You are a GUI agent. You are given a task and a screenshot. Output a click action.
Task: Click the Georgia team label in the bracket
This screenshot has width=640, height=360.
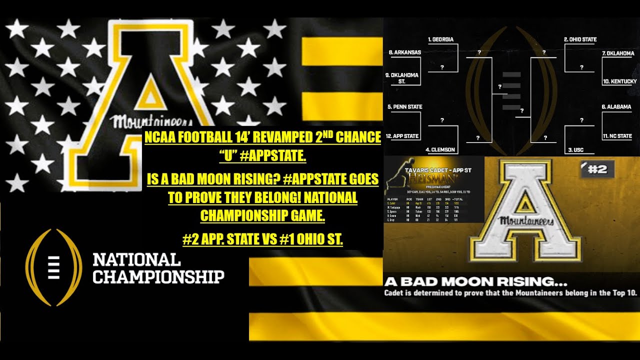pyautogui.click(x=440, y=39)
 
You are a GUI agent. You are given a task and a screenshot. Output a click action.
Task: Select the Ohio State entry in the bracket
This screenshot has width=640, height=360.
pyautogui.click(x=580, y=39)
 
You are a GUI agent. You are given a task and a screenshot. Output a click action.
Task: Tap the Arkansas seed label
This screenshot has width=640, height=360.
pyautogui.click(x=405, y=52)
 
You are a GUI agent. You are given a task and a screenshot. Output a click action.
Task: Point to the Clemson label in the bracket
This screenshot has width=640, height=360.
pyautogui.click(x=440, y=149)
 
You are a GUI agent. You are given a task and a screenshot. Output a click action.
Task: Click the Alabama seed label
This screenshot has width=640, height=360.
pyautogui.click(x=616, y=107)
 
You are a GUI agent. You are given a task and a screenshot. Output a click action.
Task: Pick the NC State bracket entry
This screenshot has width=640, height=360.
pyautogui.click(x=617, y=136)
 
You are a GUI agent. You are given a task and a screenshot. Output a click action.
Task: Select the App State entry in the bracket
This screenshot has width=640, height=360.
pyautogui.click(x=403, y=136)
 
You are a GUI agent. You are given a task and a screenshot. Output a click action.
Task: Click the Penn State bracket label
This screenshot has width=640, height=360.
pyautogui.click(x=405, y=107)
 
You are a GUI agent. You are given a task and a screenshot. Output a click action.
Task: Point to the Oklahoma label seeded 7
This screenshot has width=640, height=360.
pyautogui.click(x=618, y=53)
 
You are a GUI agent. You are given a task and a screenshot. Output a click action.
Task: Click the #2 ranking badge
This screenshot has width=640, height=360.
pyautogui.click(x=597, y=169)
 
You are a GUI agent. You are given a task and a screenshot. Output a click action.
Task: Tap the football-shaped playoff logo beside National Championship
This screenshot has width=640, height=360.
pyautogui.click(x=53, y=267)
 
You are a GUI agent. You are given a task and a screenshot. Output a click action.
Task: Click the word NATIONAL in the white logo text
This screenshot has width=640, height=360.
pyautogui.click(x=136, y=260)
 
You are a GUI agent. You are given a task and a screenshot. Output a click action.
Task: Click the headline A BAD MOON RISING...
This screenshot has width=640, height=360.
pyautogui.click(x=468, y=281)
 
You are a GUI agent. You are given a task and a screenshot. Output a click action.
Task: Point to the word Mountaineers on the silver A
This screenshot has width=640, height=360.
pyautogui.click(x=526, y=220)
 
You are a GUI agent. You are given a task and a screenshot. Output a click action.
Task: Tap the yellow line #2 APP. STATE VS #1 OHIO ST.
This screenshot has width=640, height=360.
pyautogui.click(x=263, y=239)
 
